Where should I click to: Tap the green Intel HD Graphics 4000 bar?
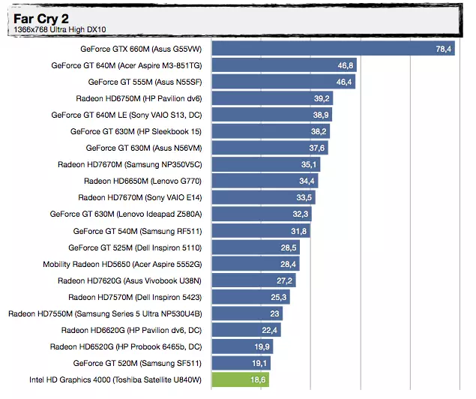(x=241, y=379)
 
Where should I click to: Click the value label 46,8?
(x=346, y=65)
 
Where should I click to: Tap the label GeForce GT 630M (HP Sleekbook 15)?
(x=136, y=131)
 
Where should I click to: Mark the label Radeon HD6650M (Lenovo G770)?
(x=142, y=181)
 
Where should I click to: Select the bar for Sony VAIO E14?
(x=263, y=197)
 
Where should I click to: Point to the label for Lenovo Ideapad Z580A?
(x=126, y=214)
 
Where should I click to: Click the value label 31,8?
(x=300, y=230)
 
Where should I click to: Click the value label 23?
(x=275, y=313)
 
